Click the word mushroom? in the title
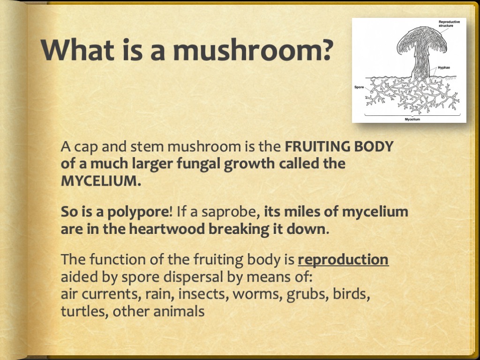point(253,50)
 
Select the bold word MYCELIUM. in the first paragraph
point(101,180)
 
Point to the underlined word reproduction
point(343,260)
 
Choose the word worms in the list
point(258,294)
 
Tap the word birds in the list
point(352,294)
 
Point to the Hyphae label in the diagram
point(444,67)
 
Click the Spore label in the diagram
point(359,87)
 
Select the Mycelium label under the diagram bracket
point(412,119)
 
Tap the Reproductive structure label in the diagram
point(449,23)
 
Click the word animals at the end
point(179,312)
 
